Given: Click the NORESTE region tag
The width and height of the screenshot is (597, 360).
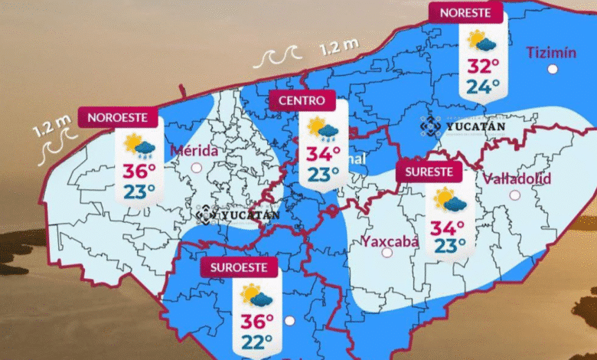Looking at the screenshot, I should pos(465,12).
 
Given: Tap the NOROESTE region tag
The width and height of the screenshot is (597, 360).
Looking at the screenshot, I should pos(122,118).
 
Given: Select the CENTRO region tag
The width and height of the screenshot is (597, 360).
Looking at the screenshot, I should pos(302,100).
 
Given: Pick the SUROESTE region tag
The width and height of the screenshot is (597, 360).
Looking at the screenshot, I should pos(240,267).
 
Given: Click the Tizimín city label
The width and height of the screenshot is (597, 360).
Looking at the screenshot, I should pos(551,52).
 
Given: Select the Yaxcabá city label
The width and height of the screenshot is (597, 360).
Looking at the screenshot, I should pos(390,242).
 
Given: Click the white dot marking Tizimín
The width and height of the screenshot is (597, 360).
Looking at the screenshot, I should pos(553,69).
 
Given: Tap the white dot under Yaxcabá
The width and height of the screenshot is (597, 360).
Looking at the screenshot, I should pos(387,253).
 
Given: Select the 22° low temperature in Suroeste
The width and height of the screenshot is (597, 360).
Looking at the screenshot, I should pos(257,342).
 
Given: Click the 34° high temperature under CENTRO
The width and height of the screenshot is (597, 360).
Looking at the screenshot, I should pos(323,154).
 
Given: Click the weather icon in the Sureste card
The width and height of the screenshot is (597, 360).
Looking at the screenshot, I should pos(449,201).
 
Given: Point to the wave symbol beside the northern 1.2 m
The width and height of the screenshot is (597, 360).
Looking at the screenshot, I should pos(278,57).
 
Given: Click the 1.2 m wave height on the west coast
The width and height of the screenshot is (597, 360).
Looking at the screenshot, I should pos(52,124).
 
